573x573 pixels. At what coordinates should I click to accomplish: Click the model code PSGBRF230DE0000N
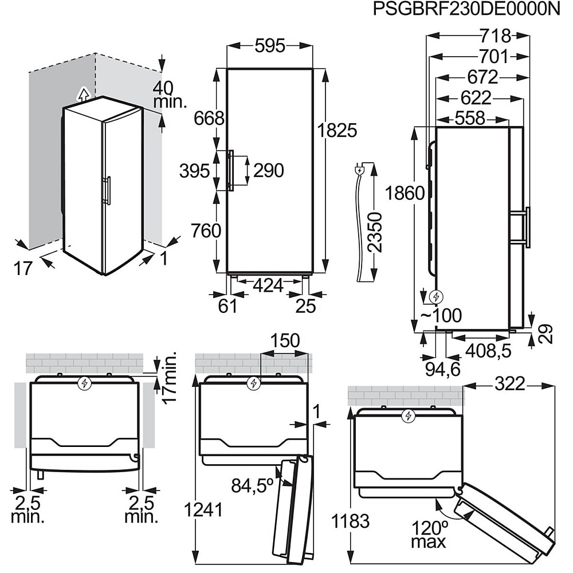(466, 10)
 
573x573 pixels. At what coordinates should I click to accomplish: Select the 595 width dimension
(269, 46)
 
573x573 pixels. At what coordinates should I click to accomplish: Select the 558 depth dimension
(470, 119)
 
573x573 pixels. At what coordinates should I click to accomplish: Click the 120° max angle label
(427, 533)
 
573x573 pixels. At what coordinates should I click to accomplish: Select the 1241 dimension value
(203, 510)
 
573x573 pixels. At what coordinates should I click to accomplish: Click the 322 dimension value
(509, 384)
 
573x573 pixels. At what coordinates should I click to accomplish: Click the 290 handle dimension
(268, 170)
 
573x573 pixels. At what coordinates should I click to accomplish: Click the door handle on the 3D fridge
(107, 191)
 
